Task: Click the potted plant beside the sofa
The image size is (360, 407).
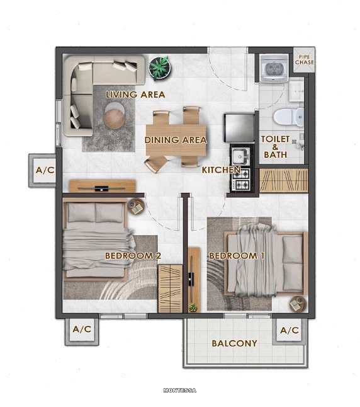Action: tap(159, 68)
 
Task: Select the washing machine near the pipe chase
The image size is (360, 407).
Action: tap(274, 69)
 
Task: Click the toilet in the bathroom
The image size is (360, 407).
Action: tap(288, 117)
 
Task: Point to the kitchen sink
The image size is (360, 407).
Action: tap(240, 157)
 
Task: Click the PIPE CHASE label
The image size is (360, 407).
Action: tap(304, 60)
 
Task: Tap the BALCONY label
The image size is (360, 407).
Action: tap(235, 343)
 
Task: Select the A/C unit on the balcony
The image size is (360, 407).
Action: tap(290, 330)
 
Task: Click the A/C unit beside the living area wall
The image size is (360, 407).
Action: tap(45, 170)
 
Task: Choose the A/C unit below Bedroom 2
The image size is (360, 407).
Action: tap(82, 330)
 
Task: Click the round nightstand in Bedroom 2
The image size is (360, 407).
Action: tap(136, 207)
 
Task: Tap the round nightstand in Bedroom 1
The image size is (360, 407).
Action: tap(298, 304)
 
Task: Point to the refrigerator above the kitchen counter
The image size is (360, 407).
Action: tap(239, 127)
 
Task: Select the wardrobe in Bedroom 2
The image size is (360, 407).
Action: tap(171, 289)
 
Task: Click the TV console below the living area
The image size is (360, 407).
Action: tap(103, 186)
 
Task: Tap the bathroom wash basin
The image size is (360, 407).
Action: tap(296, 91)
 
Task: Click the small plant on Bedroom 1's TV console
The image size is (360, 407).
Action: tap(193, 308)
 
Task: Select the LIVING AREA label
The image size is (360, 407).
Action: tap(135, 95)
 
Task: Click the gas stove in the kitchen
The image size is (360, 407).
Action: tap(241, 179)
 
